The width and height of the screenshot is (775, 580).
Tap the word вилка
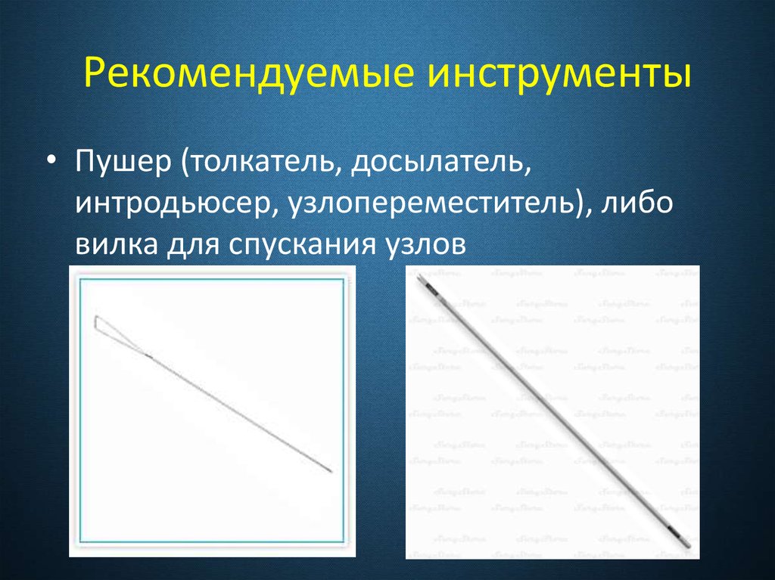click(x=114, y=245)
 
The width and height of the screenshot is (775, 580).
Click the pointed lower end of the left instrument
click(x=331, y=472)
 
